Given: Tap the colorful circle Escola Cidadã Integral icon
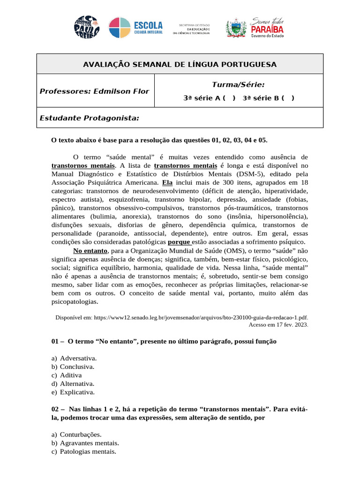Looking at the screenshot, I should click(x=120, y=28).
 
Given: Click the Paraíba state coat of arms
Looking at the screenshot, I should click(x=236, y=28).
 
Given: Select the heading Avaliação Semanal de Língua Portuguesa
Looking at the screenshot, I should click(x=180, y=64).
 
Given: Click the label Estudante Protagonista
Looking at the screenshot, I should click(x=89, y=118).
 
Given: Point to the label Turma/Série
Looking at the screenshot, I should click(x=238, y=85).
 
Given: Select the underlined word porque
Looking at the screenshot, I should click(x=180, y=242).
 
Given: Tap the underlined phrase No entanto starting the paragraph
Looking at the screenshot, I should click(x=90, y=251).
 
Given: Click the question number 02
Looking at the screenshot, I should click(x=56, y=409).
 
